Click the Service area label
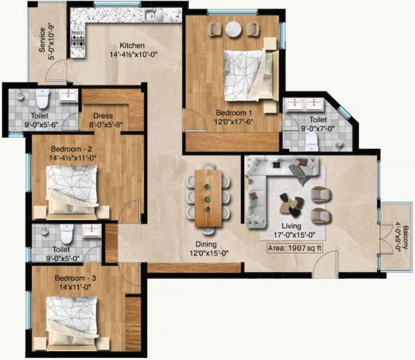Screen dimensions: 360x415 tap(43, 42)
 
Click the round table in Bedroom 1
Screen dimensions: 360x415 tap(234, 29)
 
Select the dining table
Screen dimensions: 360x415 tap(207, 198)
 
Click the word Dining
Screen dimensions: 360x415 tap(205, 244)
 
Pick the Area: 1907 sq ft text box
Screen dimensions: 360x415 tap(289, 247)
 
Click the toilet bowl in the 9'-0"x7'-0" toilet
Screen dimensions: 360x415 tap(311, 141)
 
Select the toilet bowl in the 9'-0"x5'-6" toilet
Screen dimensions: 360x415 tap(43, 99)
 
